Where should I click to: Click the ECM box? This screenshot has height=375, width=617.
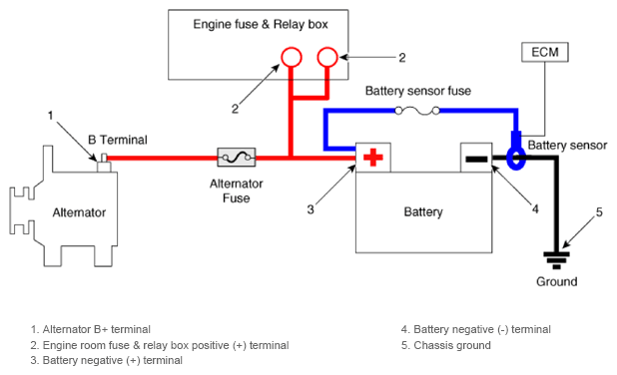[544, 52]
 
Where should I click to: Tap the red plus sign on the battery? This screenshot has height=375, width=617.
[373, 158]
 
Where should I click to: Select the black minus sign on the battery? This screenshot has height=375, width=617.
[476, 159]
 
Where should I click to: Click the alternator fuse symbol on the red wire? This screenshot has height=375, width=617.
[237, 158]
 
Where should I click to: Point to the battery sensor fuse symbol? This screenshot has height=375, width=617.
[417, 112]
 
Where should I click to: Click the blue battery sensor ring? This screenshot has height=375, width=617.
[516, 159]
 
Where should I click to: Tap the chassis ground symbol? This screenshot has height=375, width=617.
[556, 260]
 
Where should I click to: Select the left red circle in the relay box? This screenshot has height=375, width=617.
[292, 57]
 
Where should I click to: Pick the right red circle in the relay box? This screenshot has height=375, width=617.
[327, 57]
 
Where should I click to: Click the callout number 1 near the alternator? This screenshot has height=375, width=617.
[50, 116]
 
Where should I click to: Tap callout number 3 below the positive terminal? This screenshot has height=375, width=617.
[310, 209]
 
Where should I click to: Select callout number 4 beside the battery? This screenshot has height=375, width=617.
[535, 208]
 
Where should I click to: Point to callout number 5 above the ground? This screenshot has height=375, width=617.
[599, 212]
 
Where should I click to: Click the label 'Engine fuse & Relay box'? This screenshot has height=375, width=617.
[261, 24]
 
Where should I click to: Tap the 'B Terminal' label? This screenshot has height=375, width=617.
[118, 140]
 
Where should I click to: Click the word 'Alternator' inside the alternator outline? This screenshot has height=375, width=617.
[79, 212]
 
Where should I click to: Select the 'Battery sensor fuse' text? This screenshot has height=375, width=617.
[418, 91]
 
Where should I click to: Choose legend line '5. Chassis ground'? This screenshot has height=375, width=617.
[446, 345]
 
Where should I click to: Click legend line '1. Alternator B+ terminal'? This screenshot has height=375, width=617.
[91, 329]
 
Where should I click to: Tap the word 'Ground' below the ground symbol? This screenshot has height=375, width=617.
[557, 281]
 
